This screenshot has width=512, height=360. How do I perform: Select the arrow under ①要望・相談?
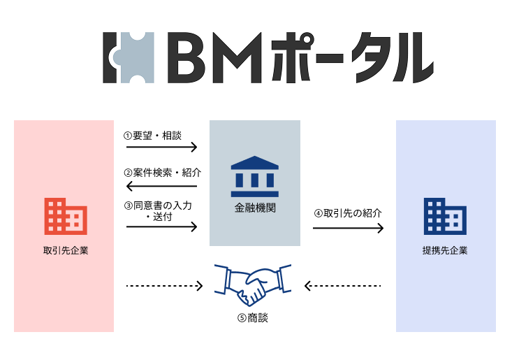pyautogui.click(x=162, y=147)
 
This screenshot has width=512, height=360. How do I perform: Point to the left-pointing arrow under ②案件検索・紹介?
pyautogui.click(x=161, y=186)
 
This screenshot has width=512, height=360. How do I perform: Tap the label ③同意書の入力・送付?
pyautogui.click(x=158, y=211)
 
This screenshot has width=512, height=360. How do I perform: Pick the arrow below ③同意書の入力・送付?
pyautogui.click(x=162, y=226)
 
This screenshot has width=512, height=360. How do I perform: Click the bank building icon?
pyautogui.click(x=254, y=175)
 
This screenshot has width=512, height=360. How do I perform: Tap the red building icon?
pyautogui.click(x=64, y=215)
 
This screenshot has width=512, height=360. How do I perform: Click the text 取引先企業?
pyautogui.click(x=65, y=250)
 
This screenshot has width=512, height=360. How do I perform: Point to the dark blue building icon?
pyautogui.click(x=445, y=215)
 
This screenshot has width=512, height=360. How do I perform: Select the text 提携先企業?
pyautogui.click(x=445, y=250)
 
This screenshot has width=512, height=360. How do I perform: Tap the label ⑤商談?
pyautogui.click(x=253, y=317)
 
